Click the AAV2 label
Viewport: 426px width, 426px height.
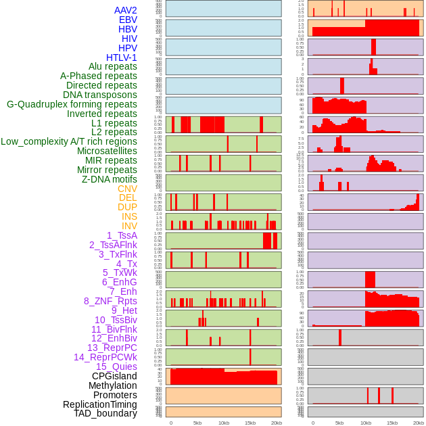126,10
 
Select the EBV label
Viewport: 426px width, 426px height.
128,20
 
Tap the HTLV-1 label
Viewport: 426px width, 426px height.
122,57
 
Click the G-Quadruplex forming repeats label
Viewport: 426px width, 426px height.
72,104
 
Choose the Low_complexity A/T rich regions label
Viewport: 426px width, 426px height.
69,141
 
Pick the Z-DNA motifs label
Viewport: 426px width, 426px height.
110,179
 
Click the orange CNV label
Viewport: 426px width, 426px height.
127,189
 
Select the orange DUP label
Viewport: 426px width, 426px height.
127,207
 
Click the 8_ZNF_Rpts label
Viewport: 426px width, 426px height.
110,301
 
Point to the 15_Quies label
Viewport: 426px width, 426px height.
116,366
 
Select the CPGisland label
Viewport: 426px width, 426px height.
114,376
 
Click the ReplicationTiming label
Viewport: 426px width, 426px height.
100,404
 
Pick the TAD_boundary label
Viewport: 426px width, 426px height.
105,413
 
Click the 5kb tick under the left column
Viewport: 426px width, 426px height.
197,423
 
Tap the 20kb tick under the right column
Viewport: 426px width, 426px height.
419,423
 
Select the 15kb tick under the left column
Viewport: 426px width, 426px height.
250,423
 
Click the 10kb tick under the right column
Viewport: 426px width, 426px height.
366,423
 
